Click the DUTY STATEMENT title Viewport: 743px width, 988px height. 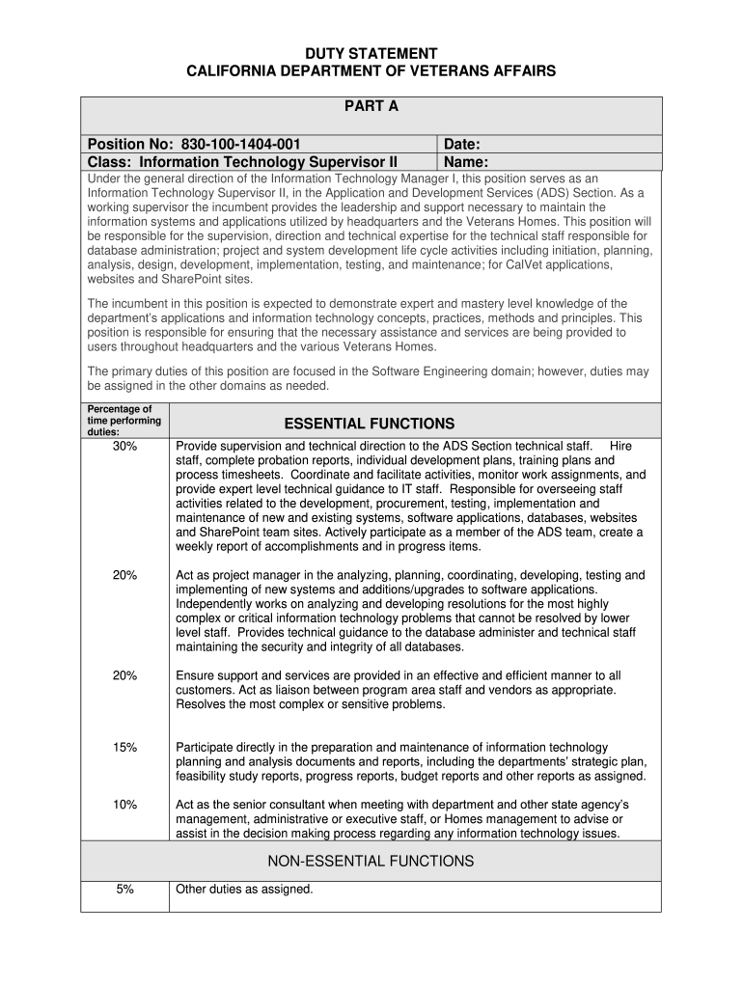[371, 54]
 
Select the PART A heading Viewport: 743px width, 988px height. [371, 107]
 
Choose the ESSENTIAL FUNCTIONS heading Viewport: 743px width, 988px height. [370, 423]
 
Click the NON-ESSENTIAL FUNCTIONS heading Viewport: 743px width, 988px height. [371, 861]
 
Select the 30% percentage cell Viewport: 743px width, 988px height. [124, 447]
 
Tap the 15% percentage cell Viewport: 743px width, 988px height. [124, 748]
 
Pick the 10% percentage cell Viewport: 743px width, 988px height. [124, 805]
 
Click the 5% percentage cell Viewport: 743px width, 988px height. [124, 890]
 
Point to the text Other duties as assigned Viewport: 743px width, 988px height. [244, 890]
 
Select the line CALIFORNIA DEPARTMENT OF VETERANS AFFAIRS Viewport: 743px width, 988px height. [371, 72]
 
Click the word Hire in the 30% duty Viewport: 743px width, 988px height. [621, 447]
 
